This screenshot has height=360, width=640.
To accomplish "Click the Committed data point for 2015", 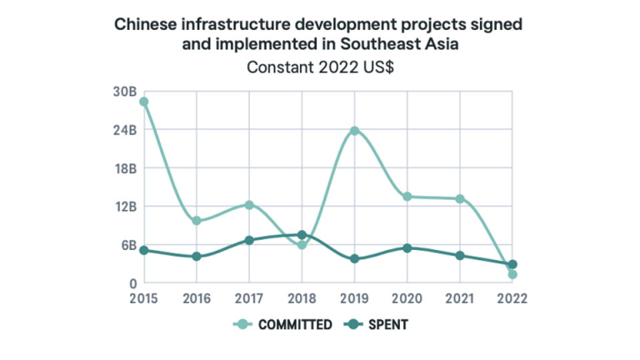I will coord(144,102).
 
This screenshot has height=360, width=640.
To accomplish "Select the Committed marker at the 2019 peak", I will coord(354,131).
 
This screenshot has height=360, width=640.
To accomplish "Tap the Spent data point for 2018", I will coord(302,236).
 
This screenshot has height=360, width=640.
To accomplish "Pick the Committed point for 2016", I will coord(197,221).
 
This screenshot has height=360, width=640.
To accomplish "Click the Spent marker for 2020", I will coord(407,248).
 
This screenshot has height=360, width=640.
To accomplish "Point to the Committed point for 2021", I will coord(459,198).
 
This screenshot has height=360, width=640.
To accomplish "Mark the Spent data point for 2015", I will coord(144,250).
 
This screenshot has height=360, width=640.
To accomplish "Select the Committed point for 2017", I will coord(249,205).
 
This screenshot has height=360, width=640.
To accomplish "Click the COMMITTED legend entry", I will coord(286,325).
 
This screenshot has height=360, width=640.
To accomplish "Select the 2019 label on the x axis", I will coord(354,297).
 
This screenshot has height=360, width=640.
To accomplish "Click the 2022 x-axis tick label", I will coord(512,297).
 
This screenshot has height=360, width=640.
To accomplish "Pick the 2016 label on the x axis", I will coord(197,297).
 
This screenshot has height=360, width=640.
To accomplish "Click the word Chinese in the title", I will coord(149,25).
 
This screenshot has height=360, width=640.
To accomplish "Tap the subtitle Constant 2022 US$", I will coord(320,68).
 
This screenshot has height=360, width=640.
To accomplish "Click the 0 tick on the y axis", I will coord(132,283).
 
